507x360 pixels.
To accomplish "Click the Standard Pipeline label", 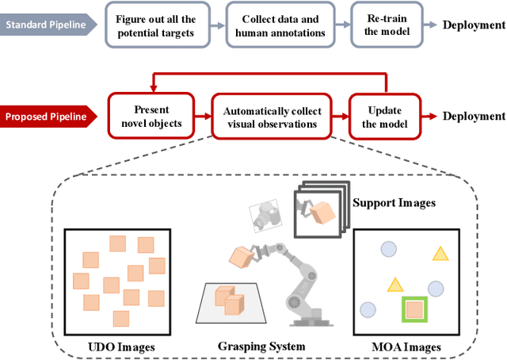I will pyautogui.click(x=45, y=25).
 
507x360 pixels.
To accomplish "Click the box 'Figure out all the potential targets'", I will pyautogui.click(x=157, y=25).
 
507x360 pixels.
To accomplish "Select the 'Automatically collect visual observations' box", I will pyautogui.click(x=271, y=117).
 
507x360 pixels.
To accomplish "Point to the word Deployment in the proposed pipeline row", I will pyautogui.click(x=473, y=117).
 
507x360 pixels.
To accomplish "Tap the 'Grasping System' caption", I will pyautogui.click(x=261, y=347).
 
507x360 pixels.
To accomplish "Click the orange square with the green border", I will pyautogui.click(x=414, y=309).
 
